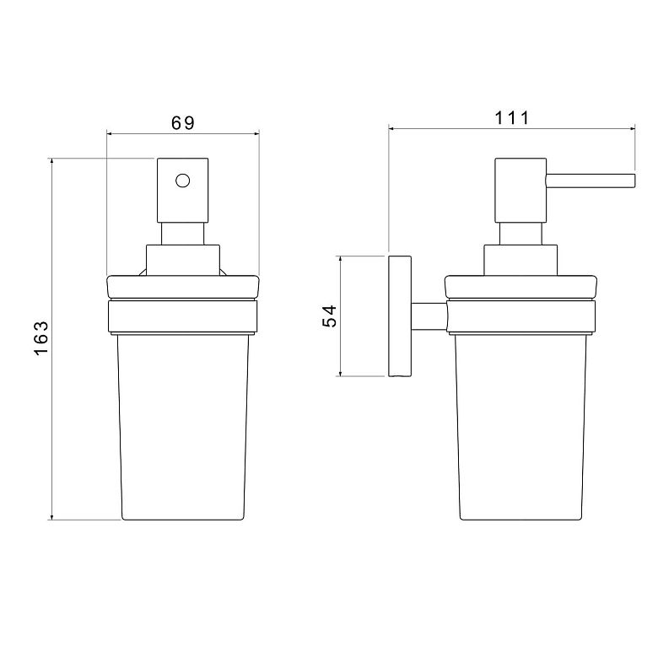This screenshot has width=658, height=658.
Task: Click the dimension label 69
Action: [x=183, y=123]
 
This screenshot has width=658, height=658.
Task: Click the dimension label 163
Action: [x=41, y=338]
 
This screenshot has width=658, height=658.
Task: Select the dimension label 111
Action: [x=512, y=118]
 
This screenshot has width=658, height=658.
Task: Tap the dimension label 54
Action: [x=329, y=316]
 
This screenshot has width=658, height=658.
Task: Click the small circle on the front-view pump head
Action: [x=182, y=181]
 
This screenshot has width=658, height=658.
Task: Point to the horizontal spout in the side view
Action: [x=591, y=181]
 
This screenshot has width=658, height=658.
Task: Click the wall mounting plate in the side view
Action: [x=400, y=316]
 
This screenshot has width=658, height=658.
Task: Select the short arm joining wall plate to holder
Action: [x=429, y=316]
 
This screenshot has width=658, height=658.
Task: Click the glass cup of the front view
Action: [x=183, y=427]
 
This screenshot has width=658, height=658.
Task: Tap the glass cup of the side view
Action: [x=520, y=427]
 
